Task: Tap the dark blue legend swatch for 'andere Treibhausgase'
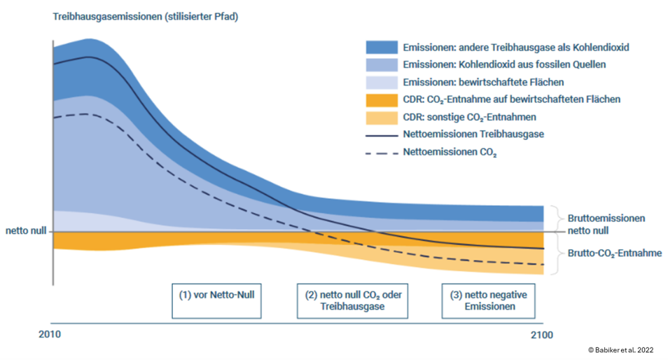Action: pos(382,48)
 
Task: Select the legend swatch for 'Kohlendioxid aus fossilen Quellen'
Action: pos(382,64)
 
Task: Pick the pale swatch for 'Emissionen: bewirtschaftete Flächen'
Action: pos(382,82)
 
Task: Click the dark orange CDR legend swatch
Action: pos(382,99)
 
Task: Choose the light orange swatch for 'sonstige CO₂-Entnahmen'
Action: pos(382,117)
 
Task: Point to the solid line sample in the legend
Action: pos(382,134)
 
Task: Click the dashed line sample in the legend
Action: pos(382,151)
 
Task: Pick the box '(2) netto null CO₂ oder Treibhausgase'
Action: pos(352,300)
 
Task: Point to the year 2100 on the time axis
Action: pos(541,335)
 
